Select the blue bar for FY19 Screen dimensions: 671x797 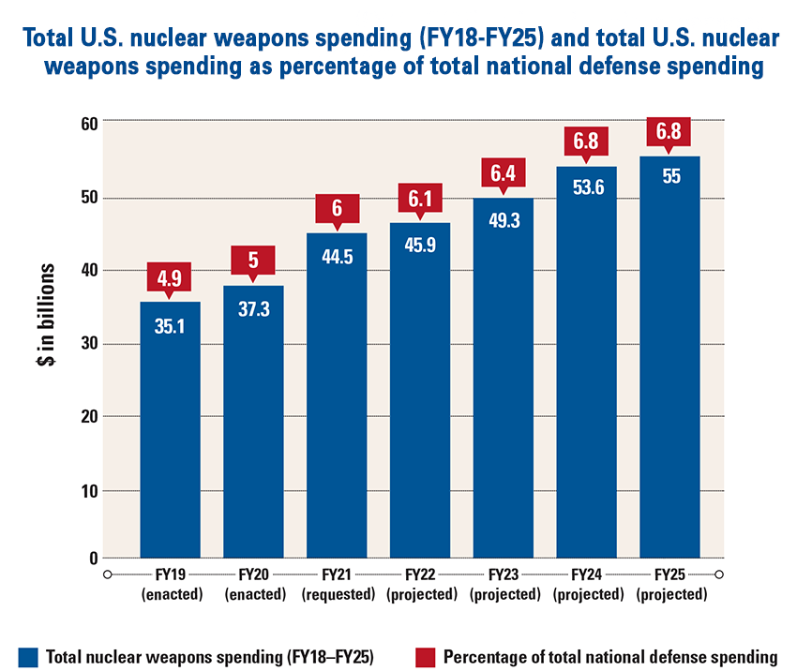[170, 431]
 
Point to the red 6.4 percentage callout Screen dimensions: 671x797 [504, 173]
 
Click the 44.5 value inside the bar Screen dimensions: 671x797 [337, 257]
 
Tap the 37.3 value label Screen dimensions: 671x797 [253, 309]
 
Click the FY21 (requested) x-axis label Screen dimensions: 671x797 [337, 584]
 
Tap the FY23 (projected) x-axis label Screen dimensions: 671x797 [504, 584]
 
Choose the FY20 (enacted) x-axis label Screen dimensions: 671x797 [253, 584]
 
